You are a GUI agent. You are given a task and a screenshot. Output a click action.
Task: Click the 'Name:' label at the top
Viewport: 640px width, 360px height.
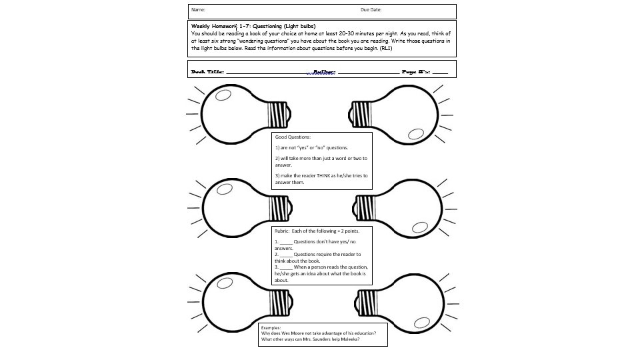199,10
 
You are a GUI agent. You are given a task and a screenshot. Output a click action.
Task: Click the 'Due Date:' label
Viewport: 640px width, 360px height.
371,10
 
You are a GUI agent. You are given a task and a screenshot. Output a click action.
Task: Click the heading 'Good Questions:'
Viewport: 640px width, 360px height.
289,137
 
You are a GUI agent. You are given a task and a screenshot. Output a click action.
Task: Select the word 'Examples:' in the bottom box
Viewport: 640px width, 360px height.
271,328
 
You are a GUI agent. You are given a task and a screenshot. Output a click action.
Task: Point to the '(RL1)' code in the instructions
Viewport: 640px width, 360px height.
386,49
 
